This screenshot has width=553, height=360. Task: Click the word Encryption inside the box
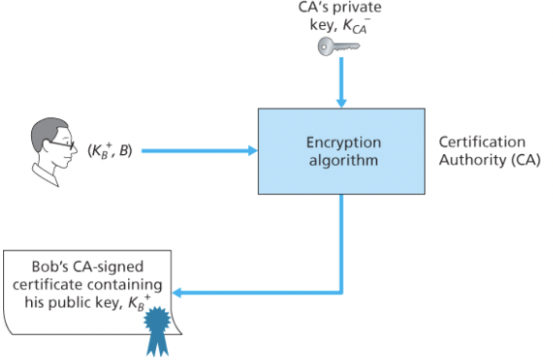(x=343, y=142)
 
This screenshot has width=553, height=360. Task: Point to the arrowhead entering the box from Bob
(x=252, y=150)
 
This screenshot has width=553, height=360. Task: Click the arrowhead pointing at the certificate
(x=178, y=293)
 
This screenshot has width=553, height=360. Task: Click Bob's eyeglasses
(x=60, y=144)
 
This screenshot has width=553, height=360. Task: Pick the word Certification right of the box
(x=482, y=142)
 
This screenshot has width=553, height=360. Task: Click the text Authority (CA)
(x=489, y=160)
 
